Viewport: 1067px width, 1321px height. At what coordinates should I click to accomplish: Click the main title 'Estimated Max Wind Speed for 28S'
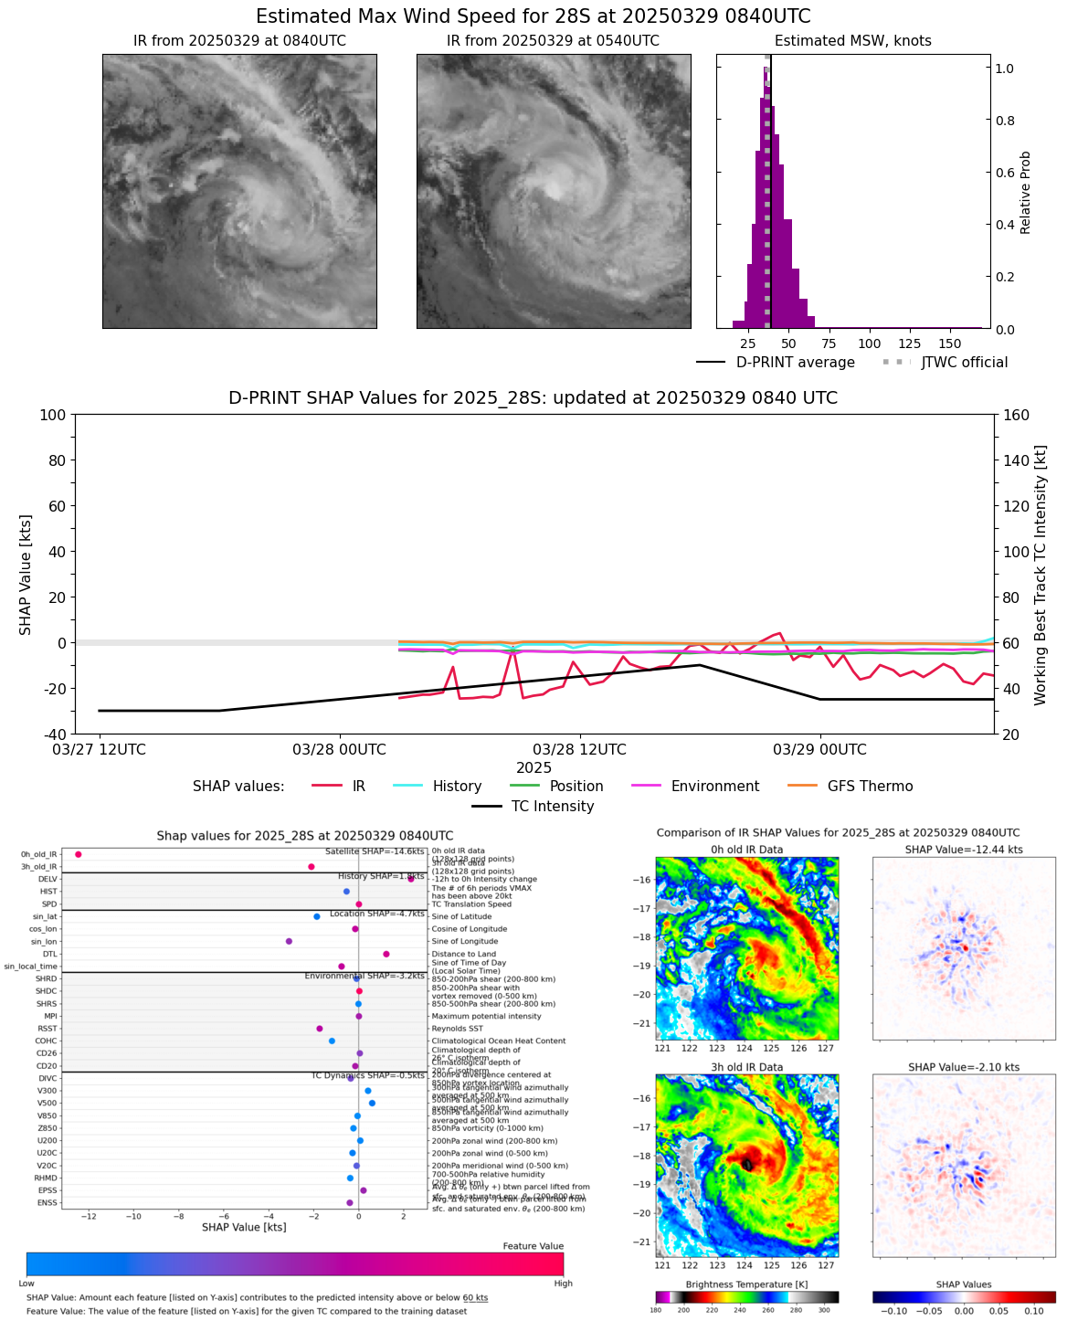[x=533, y=16]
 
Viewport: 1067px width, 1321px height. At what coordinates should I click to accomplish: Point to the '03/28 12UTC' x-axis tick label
[x=580, y=750]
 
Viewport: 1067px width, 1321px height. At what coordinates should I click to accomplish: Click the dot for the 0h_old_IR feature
[x=79, y=854]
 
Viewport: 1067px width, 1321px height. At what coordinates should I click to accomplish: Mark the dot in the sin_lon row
[x=289, y=941]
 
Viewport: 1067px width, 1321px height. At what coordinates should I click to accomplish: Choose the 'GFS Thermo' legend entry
[x=870, y=787]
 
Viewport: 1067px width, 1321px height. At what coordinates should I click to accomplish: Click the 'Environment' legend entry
[x=714, y=787]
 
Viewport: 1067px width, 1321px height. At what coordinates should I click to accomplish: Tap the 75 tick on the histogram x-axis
[x=829, y=344]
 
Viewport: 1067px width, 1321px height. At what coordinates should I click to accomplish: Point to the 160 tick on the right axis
[x=1015, y=416]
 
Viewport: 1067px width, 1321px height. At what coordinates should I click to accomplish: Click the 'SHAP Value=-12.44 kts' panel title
[x=963, y=850]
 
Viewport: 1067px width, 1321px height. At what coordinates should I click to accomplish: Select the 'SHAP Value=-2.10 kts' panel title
[x=963, y=1067]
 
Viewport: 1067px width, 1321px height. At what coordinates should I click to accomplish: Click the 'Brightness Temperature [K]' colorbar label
[x=746, y=1284]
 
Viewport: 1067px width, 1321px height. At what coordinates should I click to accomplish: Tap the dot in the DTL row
[x=386, y=954]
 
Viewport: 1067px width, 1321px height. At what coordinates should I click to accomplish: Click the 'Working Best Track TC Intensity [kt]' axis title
[x=1041, y=576]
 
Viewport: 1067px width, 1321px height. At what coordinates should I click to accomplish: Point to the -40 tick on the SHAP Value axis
[x=53, y=734]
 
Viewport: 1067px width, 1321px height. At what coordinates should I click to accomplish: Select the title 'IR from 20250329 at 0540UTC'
[x=553, y=41]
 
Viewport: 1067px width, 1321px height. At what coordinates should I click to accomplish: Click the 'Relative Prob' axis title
[x=1026, y=192]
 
